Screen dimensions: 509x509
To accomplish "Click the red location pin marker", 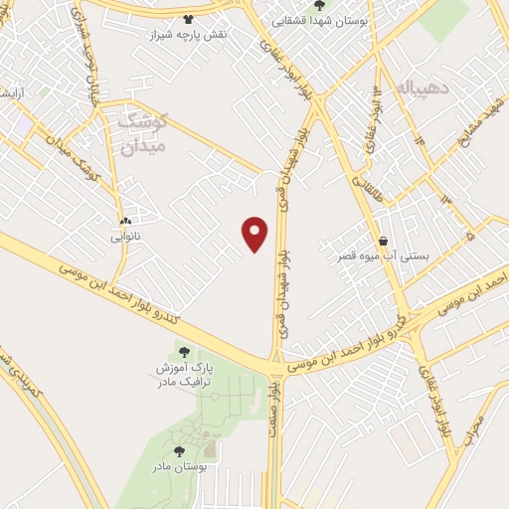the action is pos(256,234).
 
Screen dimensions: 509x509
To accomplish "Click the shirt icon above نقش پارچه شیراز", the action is pos(190,18).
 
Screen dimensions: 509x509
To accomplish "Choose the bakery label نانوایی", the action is pos(126,237).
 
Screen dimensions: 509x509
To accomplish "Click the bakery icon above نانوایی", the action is pos(126,222).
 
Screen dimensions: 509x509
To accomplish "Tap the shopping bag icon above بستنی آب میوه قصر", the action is pos(384,240).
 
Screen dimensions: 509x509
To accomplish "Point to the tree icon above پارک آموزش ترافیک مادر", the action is pos(181,351).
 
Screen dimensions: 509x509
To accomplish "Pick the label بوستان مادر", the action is pos(178,466).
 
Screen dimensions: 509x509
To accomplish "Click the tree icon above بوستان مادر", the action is pos(179,451).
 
